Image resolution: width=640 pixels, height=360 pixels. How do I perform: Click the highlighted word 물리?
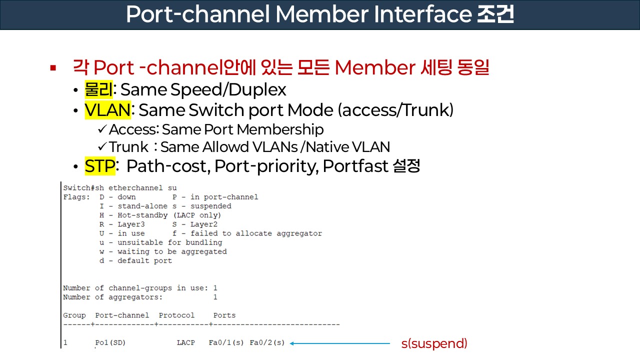coord(99,89)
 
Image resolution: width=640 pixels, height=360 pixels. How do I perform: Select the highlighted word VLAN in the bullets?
coord(107,109)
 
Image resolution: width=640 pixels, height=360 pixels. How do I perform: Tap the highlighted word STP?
coord(100,166)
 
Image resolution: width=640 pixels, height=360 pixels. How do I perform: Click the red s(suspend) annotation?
coord(434,343)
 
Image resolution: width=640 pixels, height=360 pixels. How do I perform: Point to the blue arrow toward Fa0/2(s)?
coord(340,343)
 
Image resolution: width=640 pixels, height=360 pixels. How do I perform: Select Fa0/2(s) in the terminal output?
coord(267,343)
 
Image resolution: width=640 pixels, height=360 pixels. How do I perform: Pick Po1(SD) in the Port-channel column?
coord(110,343)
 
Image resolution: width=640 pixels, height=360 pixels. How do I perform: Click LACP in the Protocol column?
coord(185,343)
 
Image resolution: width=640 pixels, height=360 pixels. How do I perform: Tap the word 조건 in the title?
coord(492,14)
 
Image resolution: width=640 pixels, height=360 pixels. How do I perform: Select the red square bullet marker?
coord(53,67)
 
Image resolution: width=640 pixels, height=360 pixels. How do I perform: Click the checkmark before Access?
coord(102,129)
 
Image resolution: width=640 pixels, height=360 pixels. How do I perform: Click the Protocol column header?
coord(176,315)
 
